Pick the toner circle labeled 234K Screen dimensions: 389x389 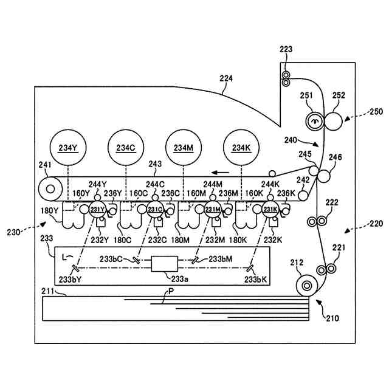(x=241, y=148)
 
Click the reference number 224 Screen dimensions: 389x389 (x=226, y=78)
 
